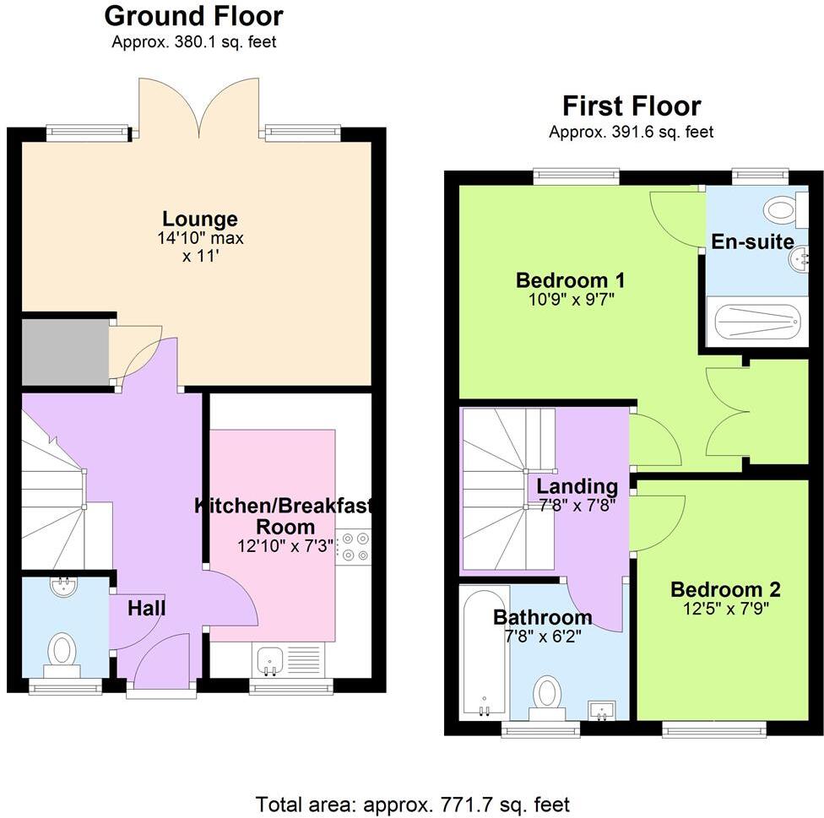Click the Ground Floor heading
click(x=194, y=17)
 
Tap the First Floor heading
click(x=632, y=106)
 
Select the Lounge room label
click(x=200, y=219)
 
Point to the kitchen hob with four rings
click(x=353, y=547)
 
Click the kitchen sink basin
click(x=271, y=660)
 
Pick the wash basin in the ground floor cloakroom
click(x=65, y=586)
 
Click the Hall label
click(x=147, y=609)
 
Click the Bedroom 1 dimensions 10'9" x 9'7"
click(x=572, y=300)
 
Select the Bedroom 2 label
click(x=726, y=589)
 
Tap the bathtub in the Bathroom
click(x=485, y=653)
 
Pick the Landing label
click(x=577, y=486)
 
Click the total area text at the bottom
click(x=413, y=804)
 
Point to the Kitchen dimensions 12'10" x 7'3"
click(x=285, y=546)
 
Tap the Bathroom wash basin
click(x=602, y=710)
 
